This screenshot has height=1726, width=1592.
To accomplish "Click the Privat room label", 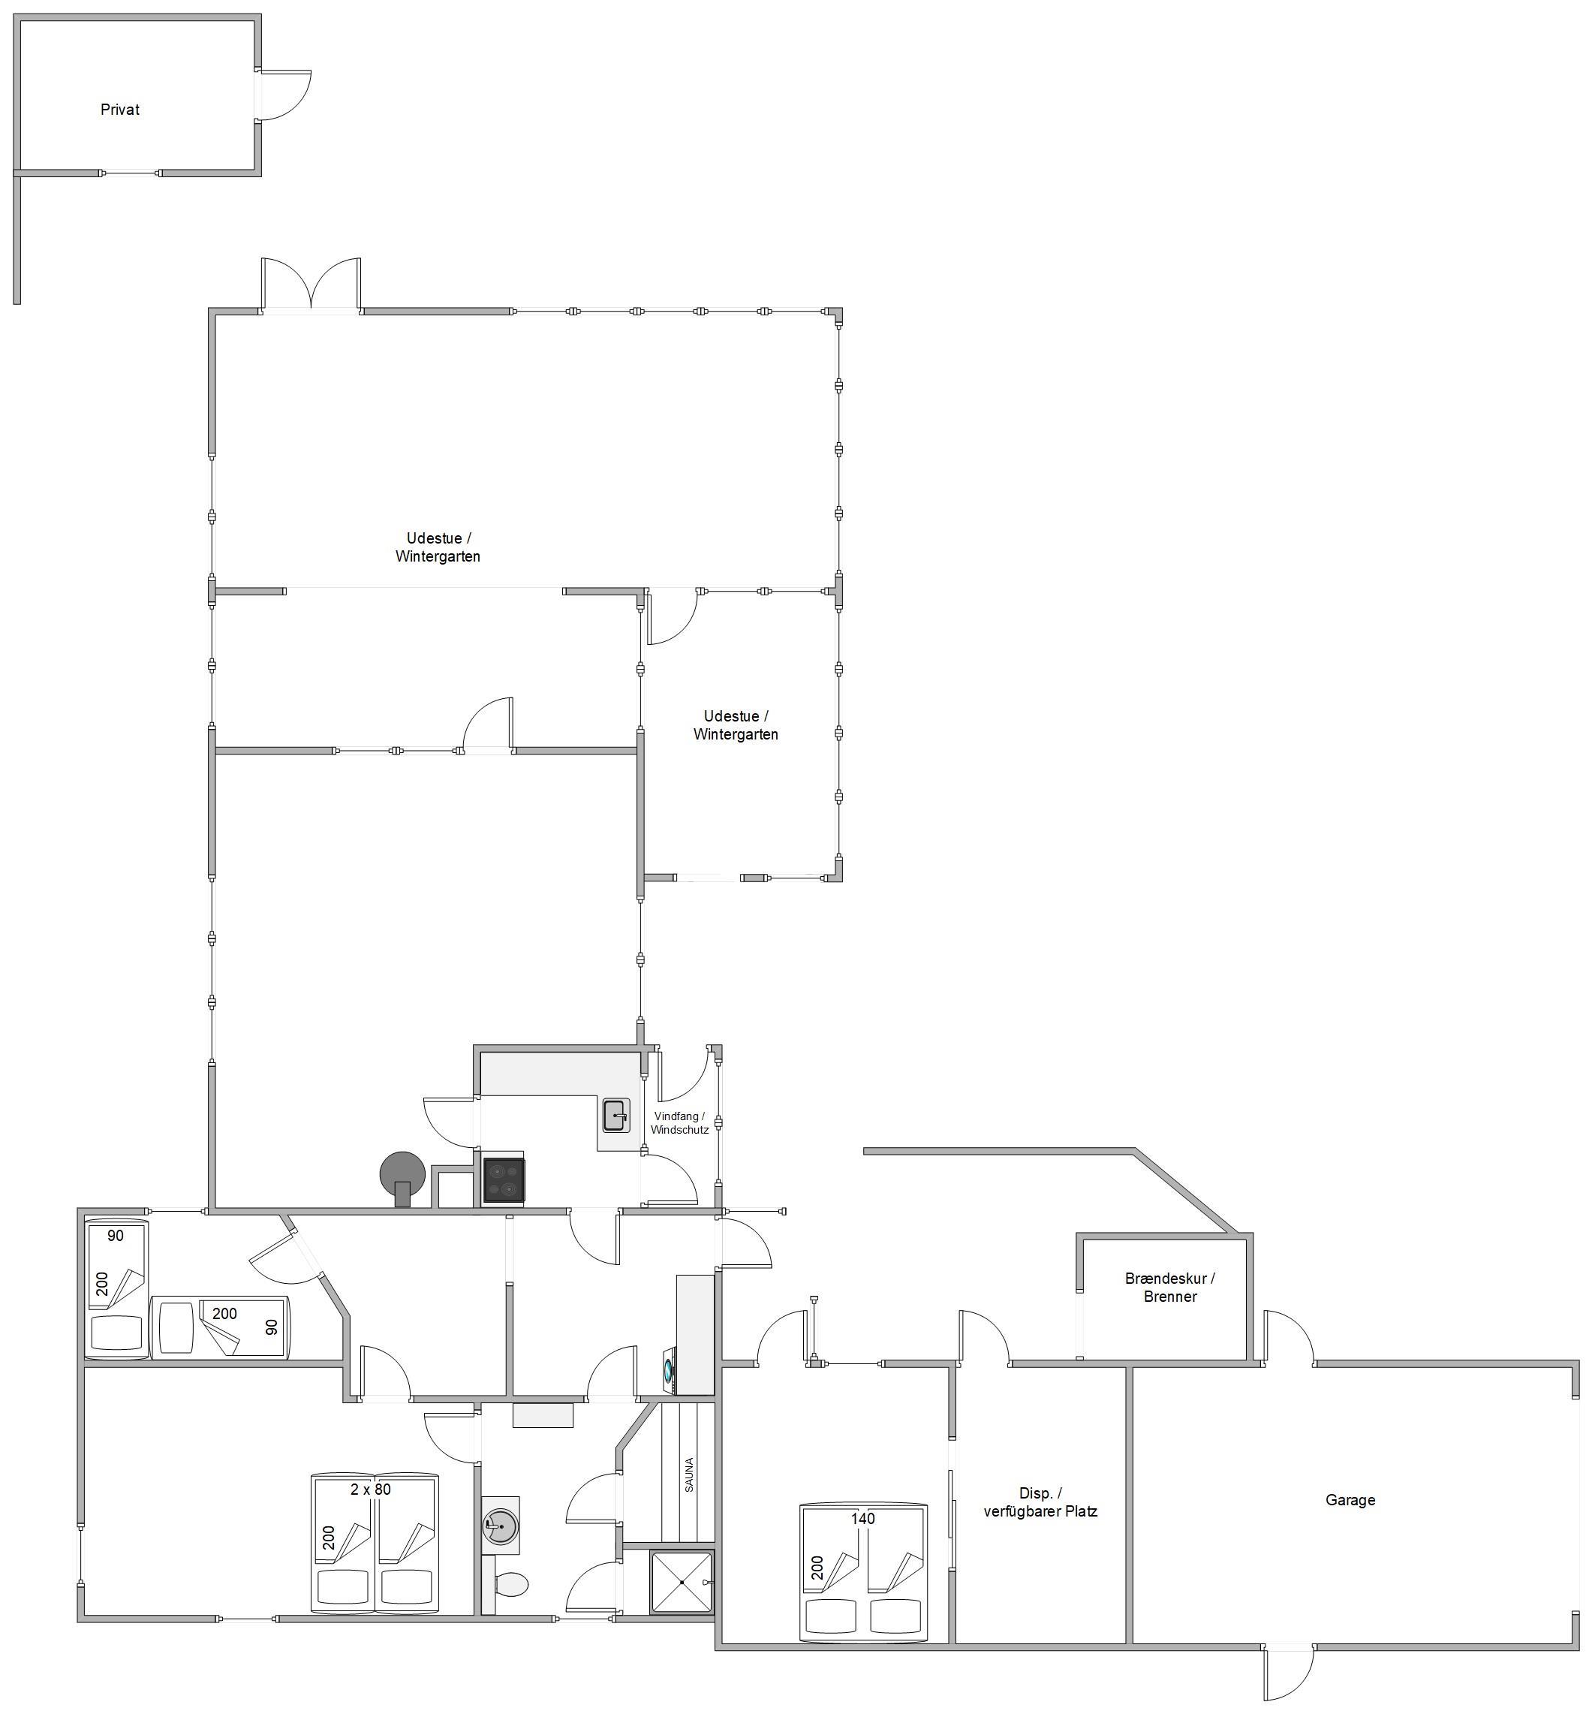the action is point(120,110).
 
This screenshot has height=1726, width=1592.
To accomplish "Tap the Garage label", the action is point(1350,1499).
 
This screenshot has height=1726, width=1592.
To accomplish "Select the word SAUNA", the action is point(689,1475).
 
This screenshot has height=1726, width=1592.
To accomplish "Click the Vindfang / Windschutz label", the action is point(680,1123).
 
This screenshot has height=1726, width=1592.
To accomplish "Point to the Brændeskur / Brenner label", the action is point(1170,1288).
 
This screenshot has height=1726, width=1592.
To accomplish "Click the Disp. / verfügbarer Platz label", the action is point(1040,1502).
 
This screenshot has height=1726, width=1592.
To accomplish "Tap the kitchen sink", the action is point(616,1115).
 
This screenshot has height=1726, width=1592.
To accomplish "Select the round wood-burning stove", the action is point(402,1177).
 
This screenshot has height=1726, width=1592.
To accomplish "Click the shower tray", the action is point(682,1582).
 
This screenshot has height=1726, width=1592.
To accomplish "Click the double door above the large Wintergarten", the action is point(311,285).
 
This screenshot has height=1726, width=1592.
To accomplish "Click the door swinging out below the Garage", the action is point(1289,1674).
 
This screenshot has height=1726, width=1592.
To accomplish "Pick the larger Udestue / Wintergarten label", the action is point(438,547).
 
